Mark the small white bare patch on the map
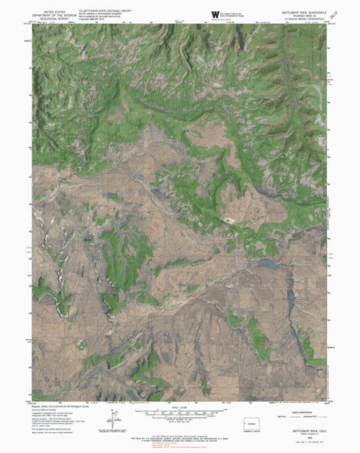(229, 220)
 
